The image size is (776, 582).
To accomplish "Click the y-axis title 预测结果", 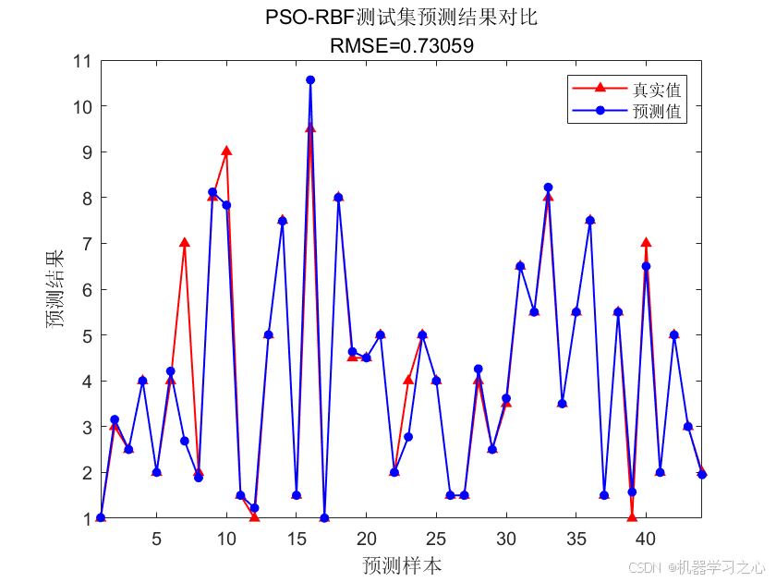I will tap(56, 289).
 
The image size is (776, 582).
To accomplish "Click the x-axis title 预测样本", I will tap(401, 565).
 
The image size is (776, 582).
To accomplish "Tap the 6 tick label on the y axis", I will tap(86, 289).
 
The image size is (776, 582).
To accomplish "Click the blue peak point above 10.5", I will tap(310, 80).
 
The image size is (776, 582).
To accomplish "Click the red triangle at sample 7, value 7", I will tap(185, 243).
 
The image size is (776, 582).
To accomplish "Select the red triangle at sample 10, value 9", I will tap(226, 152).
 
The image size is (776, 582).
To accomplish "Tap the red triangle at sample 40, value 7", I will tap(646, 243).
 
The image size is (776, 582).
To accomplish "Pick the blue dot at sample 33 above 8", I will tap(548, 188).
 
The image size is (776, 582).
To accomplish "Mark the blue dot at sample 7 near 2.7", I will tap(185, 441).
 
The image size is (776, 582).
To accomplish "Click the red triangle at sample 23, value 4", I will tap(408, 381).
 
